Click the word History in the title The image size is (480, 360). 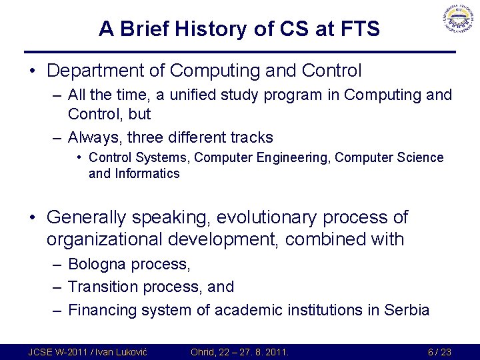pos(189,29)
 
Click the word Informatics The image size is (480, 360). pos(147,174)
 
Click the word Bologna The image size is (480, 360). pos(97,264)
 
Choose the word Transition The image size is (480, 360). pos(103,287)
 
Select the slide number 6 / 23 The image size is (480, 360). pos(440,351)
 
